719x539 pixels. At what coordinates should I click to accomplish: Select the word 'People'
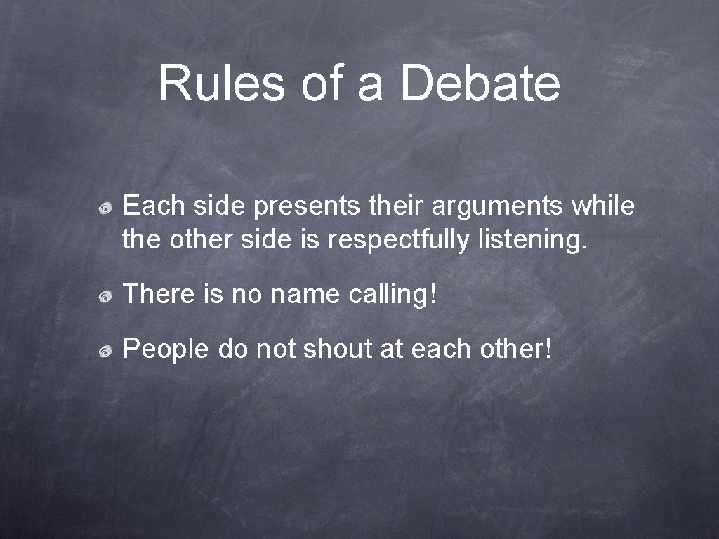(x=166, y=349)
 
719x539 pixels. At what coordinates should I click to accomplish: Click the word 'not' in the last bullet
(x=275, y=349)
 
